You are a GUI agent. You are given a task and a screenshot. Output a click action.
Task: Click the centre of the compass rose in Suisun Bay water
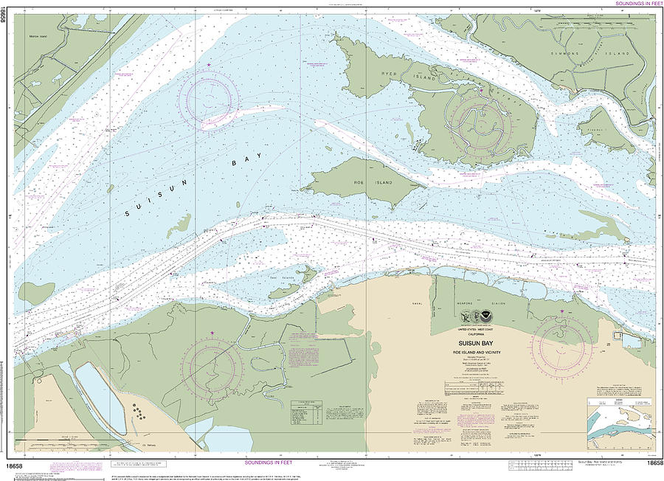pos(212,100)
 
